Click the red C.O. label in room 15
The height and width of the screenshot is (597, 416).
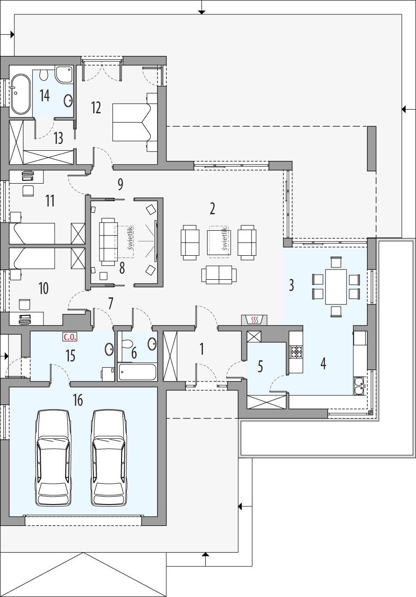click(x=69, y=337)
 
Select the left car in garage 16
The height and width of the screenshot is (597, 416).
click(x=54, y=458)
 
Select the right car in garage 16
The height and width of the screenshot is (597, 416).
click(x=109, y=458)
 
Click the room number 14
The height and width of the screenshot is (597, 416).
click(x=45, y=96)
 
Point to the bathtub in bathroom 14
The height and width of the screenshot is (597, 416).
click(x=20, y=94)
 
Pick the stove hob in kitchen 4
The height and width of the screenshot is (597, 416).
click(x=296, y=352)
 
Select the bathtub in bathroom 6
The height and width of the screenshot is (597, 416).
click(x=137, y=372)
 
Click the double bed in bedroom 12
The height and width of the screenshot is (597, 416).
click(x=132, y=121)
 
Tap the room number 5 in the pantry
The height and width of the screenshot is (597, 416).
click(x=260, y=367)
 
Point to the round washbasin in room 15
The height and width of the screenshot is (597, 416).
click(x=110, y=349)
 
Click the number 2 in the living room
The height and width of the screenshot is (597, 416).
click(x=212, y=209)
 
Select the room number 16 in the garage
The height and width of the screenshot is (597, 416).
click(x=78, y=400)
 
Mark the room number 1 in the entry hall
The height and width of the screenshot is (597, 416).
click(x=202, y=350)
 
